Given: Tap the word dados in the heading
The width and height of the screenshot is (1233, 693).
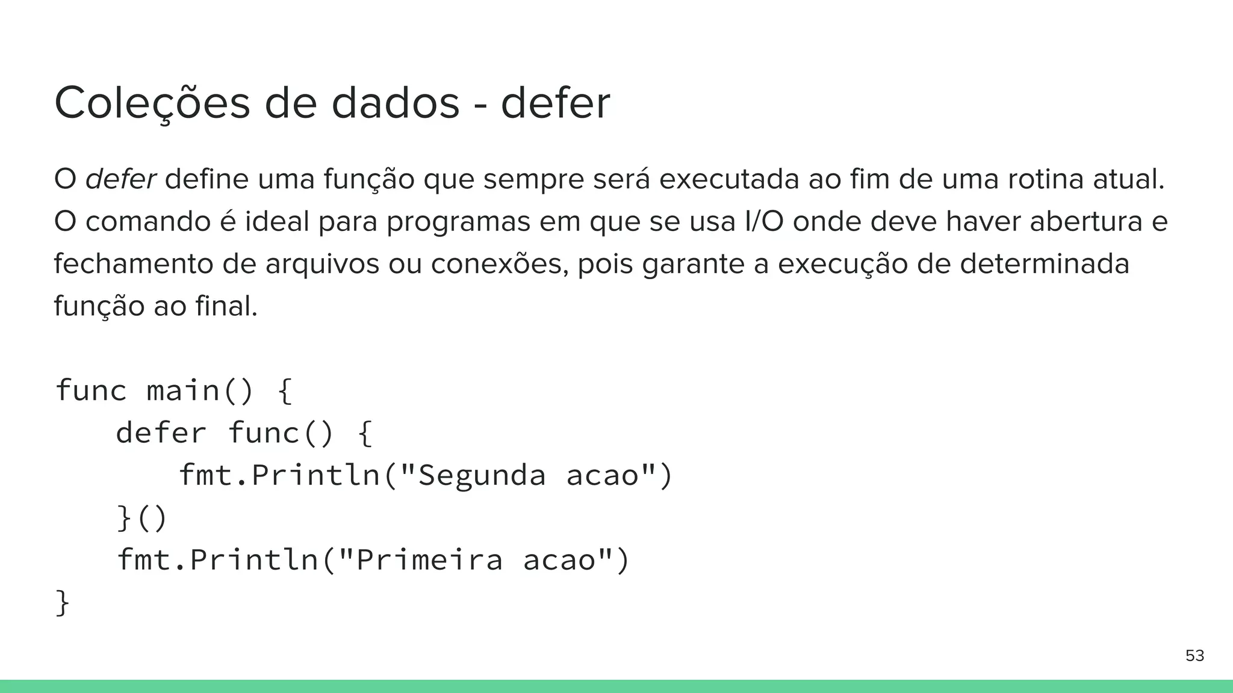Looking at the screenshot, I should [395, 103].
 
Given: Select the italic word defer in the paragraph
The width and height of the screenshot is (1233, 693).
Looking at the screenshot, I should [120, 179].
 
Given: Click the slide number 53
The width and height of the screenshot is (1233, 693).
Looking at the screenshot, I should [1194, 656].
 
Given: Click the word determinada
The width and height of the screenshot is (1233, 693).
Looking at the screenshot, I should [1045, 264].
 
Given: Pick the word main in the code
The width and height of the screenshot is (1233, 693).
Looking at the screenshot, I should [183, 390].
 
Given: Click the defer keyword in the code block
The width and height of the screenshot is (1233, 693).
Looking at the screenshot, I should [161, 433].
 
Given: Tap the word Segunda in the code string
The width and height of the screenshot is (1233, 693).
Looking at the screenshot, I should [481, 475].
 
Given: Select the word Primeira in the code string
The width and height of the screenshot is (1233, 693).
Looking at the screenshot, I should [429, 560].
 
